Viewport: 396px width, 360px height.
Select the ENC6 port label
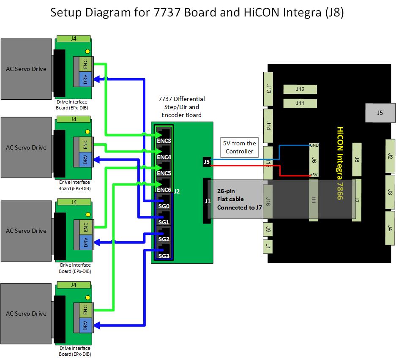point(164,190)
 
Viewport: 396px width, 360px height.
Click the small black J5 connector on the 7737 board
point(207,161)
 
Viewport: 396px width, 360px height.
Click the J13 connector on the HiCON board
point(269,89)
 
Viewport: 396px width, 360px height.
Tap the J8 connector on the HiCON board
point(357,160)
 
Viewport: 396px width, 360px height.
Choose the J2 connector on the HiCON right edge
point(390,156)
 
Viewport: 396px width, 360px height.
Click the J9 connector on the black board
point(269,230)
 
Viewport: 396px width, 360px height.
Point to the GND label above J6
point(314,145)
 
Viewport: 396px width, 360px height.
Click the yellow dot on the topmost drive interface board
point(87,52)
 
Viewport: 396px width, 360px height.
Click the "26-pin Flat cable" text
point(231,195)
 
